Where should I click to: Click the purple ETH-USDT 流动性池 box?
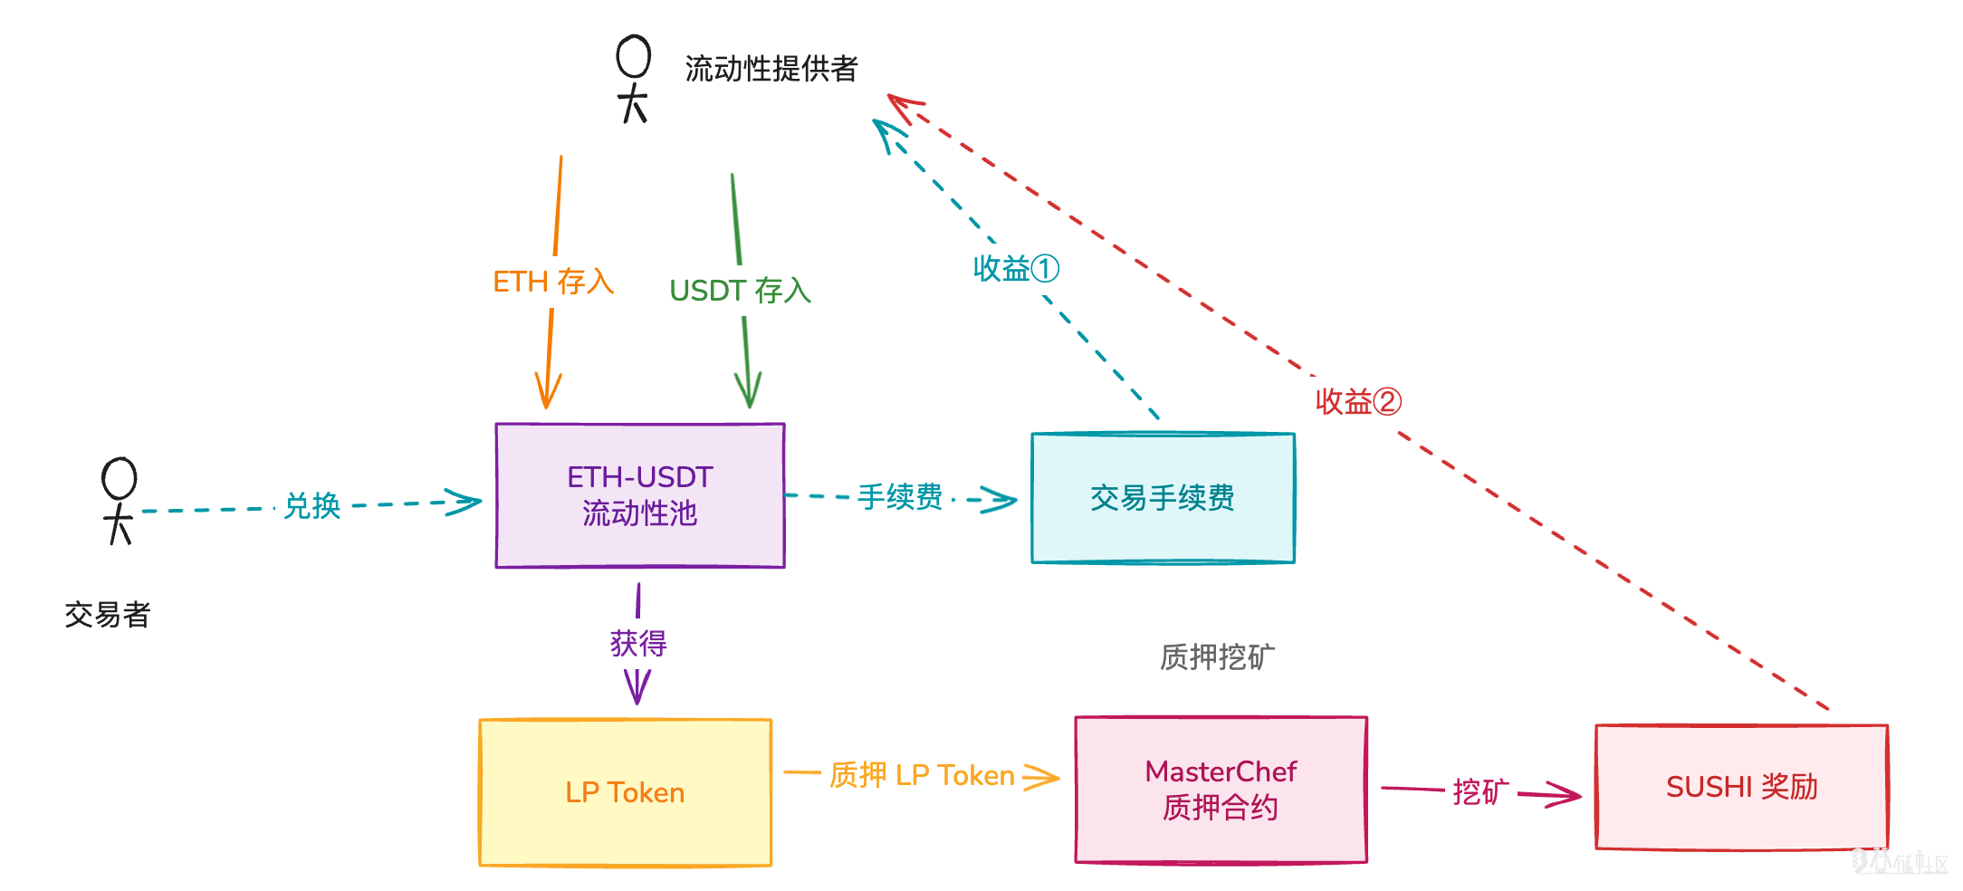639,495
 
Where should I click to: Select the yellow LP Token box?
625,792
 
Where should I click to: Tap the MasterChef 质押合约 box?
1221,789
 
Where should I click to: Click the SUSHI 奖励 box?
1741,786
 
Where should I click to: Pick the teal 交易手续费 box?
1163,497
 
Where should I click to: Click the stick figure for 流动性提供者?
633,79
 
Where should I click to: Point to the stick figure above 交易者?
119,501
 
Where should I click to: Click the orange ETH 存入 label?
553,282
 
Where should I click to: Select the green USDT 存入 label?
740,291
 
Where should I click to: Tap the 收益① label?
1016,269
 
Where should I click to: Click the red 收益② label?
1358,401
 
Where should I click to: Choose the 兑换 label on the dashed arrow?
312,506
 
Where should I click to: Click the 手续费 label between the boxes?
900,496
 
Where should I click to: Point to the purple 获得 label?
638,644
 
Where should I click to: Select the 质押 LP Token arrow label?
922,775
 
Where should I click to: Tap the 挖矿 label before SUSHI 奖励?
1480,791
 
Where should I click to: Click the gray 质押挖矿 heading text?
1217,656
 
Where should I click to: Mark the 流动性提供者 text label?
771,69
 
